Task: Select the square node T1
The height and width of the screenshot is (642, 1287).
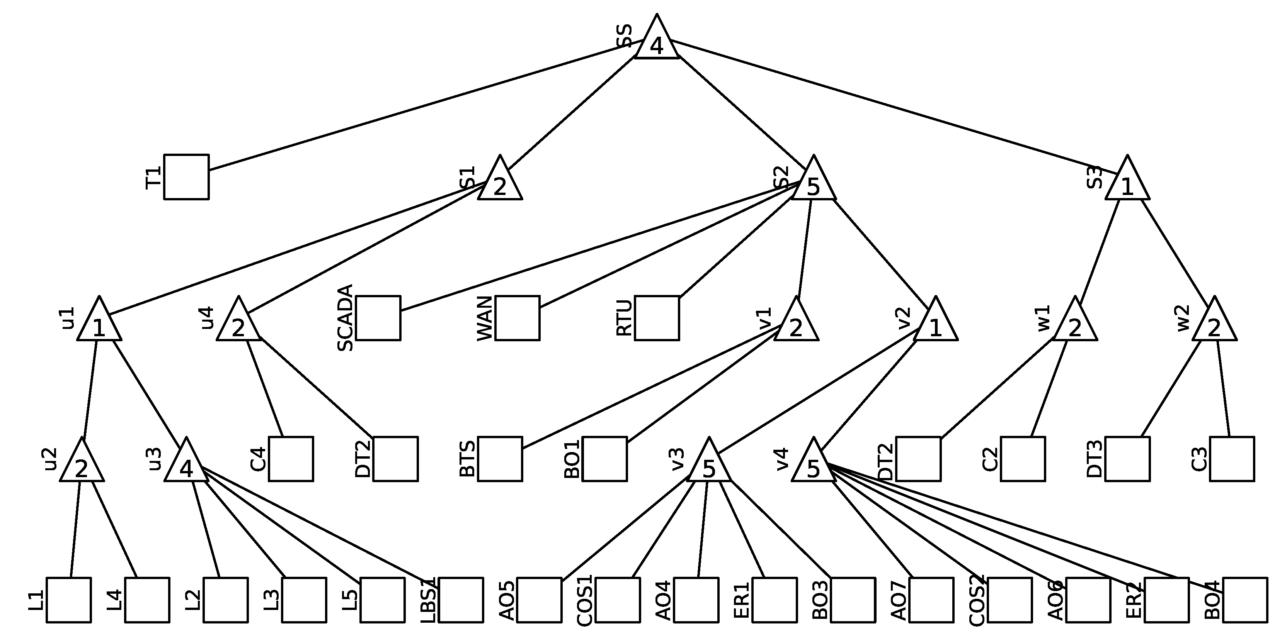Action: [186, 177]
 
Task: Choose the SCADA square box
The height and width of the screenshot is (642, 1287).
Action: [378, 318]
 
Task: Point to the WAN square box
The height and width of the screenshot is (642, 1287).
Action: [517, 318]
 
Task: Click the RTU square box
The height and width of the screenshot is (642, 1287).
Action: [657, 318]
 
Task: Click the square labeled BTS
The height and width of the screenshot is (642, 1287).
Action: [500, 459]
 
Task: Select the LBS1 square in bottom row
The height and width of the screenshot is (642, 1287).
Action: [461, 600]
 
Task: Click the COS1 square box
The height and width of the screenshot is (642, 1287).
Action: [618, 600]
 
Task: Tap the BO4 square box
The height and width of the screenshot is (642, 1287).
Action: [1245, 600]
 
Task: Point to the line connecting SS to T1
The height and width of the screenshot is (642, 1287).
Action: [425, 105]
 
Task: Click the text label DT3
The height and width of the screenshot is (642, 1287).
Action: [1094, 459]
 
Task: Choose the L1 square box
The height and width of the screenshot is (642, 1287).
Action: [68, 600]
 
